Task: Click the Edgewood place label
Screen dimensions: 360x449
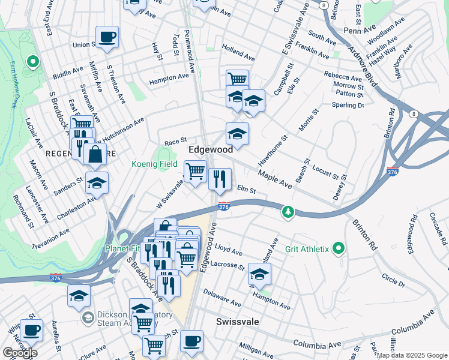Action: pyautogui.click(x=211, y=149)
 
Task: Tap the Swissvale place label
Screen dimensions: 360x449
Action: pyautogui.click(x=238, y=322)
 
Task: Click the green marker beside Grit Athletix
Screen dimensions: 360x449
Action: pyautogui.click(x=339, y=248)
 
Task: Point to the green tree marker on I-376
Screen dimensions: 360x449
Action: pyautogui.click(x=289, y=212)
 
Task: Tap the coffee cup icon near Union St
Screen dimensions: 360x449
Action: pyautogui.click(x=107, y=37)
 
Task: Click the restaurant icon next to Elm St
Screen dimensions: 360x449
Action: pyautogui.click(x=220, y=179)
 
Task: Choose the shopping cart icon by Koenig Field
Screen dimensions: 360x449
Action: pyautogui.click(x=195, y=172)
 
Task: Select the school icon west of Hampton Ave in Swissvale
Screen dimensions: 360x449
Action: pyautogui.click(x=259, y=275)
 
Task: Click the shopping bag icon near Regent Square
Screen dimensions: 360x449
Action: pyautogui.click(x=95, y=154)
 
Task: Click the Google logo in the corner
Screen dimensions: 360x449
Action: pyautogui.click(x=20, y=353)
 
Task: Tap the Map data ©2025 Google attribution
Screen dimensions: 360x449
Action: pyautogui.click(x=412, y=355)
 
